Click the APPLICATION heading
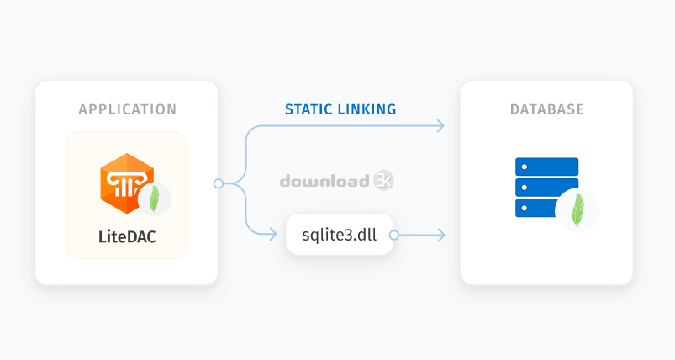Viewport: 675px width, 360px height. click(128, 109)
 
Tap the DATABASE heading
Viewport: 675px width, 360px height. click(547, 109)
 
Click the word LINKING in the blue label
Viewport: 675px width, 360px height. click(367, 109)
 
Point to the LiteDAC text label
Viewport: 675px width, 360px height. click(127, 237)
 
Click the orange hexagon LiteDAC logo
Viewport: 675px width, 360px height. click(127, 183)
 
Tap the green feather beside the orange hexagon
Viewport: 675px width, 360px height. click(154, 199)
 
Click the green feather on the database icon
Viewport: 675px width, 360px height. click(577, 210)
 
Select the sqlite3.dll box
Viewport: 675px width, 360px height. click(340, 235)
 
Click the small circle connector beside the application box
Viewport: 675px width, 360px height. click(219, 184)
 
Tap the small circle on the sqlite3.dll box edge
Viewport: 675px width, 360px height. click(393, 236)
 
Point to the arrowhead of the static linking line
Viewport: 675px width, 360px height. click(440, 125)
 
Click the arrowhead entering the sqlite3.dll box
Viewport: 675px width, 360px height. click(273, 235)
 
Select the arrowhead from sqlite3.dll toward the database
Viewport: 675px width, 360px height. click(441, 236)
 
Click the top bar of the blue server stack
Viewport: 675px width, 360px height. click(546, 167)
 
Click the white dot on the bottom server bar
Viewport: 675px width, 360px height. click(525, 208)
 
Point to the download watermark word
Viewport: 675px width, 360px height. click(324, 182)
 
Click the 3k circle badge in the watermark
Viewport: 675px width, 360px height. click(383, 181)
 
